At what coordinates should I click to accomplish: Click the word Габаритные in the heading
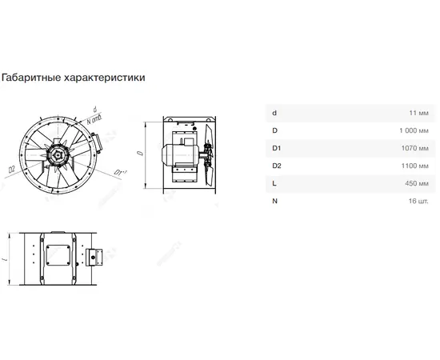pyautogui.click(x=31, y=78)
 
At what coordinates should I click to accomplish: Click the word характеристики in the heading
pyautogui.click(x=105, y=78)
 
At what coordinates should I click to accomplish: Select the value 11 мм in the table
pyautogui.click(x=418, y=113)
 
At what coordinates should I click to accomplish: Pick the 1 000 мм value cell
pyautogui.click(x=414, y=130)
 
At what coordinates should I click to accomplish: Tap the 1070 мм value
pyautogui.click(x=415, y=148)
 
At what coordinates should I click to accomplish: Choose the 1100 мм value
pyautogui.click(x=415, y=166)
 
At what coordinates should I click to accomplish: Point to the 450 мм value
pyautogui.click(x=417, y=183)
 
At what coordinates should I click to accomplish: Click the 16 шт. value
pyautogui.click(x=418, y=201)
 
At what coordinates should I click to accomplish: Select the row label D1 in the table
pyautogui.click(x=277, y=148)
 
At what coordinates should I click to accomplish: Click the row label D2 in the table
pyautogui.click(x=277, y=166)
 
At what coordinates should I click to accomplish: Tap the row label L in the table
pyautogui.click(x=274, y=183)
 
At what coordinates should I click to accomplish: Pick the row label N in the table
pyautogui.click(x=274, y=201)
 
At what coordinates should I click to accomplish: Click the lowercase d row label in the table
pyautogui.click(x=274, y=113)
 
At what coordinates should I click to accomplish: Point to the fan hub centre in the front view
pyautogui.click(x=58, y=155)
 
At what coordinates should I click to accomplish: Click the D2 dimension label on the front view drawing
pyautogui.click(x=11, y=170)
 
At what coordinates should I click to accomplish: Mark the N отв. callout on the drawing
pyautogui.click(x=94, y=119)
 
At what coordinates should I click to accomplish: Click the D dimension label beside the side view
pyautogui.click(x=140, y=153)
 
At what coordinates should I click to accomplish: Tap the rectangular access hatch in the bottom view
pyautogui.click(x=58, y=255)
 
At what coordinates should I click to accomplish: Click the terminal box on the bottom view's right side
pyautogui.click(x=94, y=257)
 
